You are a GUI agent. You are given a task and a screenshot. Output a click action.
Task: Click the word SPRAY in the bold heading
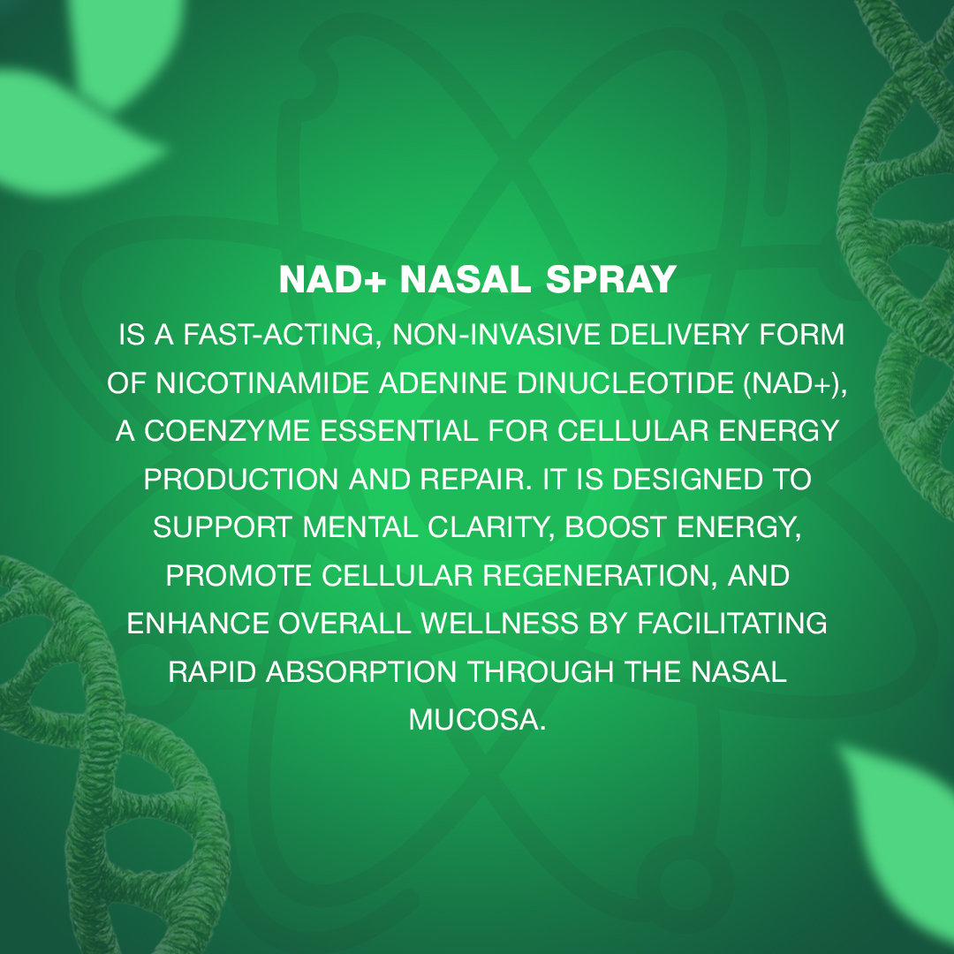point(611,279)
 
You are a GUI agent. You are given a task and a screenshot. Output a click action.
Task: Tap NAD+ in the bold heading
point(333,279)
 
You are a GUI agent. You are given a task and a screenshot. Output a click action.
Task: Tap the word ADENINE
point(443,383)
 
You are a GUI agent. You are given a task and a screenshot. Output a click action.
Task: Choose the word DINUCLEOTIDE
point(625,383)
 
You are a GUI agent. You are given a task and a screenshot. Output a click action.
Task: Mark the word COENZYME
point(227,431)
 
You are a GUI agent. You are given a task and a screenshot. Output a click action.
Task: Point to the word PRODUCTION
point(241,480)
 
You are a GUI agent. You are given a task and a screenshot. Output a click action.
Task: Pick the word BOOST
point(616,527)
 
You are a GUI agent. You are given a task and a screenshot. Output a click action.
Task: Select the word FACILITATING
point(732,624)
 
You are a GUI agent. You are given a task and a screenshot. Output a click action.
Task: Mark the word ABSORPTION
point(361,672)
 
